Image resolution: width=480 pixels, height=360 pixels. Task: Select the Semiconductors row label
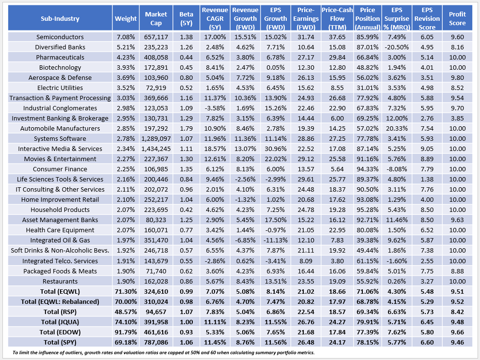point(60,37)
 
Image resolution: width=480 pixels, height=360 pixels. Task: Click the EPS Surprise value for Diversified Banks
point(397,47)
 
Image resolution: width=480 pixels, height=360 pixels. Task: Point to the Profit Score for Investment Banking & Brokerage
point(457,118)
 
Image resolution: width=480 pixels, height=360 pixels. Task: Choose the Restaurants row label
point(60,281)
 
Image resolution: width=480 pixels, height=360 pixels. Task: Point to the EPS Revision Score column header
point(427,18)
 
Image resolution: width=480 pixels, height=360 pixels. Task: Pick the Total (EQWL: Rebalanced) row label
point(60,301)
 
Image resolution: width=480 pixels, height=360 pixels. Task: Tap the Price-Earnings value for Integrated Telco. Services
point(306,261)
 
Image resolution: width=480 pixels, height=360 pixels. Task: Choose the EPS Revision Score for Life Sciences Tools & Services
point(427,179)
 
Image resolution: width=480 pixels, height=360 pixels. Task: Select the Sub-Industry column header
point(60,18)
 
